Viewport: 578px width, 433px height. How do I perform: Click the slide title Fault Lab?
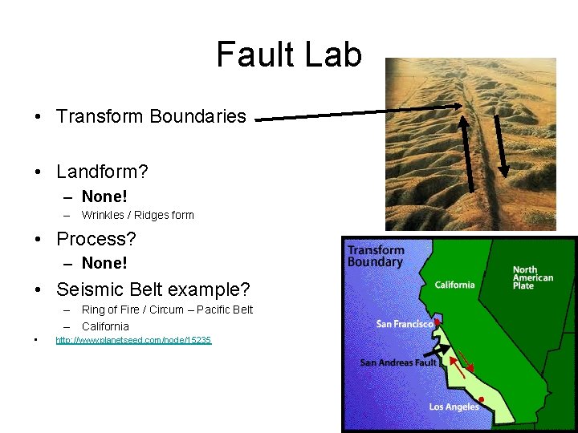289,55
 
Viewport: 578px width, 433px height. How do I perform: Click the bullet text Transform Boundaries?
151,116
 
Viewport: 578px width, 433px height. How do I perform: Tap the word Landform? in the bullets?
102,172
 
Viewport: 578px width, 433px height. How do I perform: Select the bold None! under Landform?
104,196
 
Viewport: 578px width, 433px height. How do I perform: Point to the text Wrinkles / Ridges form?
137,215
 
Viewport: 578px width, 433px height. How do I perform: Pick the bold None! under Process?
104,263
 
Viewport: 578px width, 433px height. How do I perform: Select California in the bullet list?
105,326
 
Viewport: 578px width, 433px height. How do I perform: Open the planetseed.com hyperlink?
133,341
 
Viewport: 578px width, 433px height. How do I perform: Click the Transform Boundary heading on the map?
375,256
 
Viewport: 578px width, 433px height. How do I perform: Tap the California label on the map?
454,285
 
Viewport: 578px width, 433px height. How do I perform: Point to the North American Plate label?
532,277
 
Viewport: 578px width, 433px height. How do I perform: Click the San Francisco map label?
405,323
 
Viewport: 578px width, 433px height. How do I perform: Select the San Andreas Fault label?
397,362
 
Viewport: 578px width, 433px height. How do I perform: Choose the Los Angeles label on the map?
454,407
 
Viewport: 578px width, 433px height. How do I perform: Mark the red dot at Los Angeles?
481,399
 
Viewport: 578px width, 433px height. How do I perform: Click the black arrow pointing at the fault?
435,350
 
